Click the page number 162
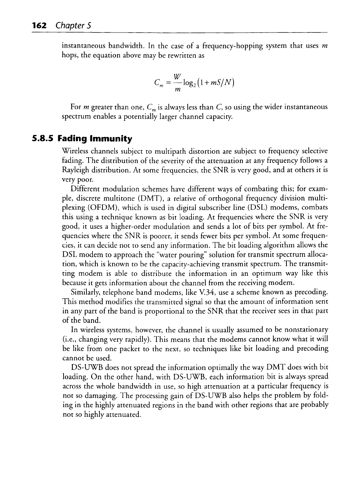[x=39, y=25]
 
